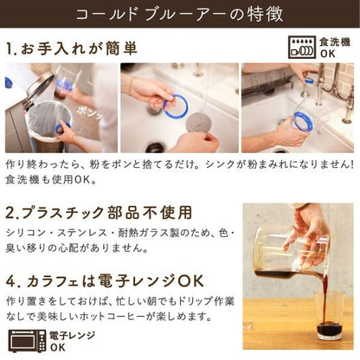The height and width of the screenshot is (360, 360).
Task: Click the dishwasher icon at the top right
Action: (301, 48)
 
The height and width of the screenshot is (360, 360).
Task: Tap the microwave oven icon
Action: (27, 341)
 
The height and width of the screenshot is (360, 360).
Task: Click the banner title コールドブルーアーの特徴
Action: (179, 14)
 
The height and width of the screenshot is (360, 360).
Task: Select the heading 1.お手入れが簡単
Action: (71, 48)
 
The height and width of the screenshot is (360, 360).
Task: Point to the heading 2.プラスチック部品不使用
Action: (99, 213)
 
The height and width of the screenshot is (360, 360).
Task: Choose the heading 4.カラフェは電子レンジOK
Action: (105, 281)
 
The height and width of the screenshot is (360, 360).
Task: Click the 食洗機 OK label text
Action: (335, 48)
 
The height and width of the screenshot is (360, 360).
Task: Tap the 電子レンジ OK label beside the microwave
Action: (72, 341)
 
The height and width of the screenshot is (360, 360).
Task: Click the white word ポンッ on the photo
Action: (89, 112)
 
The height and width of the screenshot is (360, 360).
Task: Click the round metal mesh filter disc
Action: (198, 123)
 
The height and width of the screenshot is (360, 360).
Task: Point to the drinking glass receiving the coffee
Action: (329, 316)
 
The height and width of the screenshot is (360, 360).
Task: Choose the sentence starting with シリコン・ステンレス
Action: (120, 241)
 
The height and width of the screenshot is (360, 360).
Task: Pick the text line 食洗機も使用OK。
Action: (51, 180)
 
